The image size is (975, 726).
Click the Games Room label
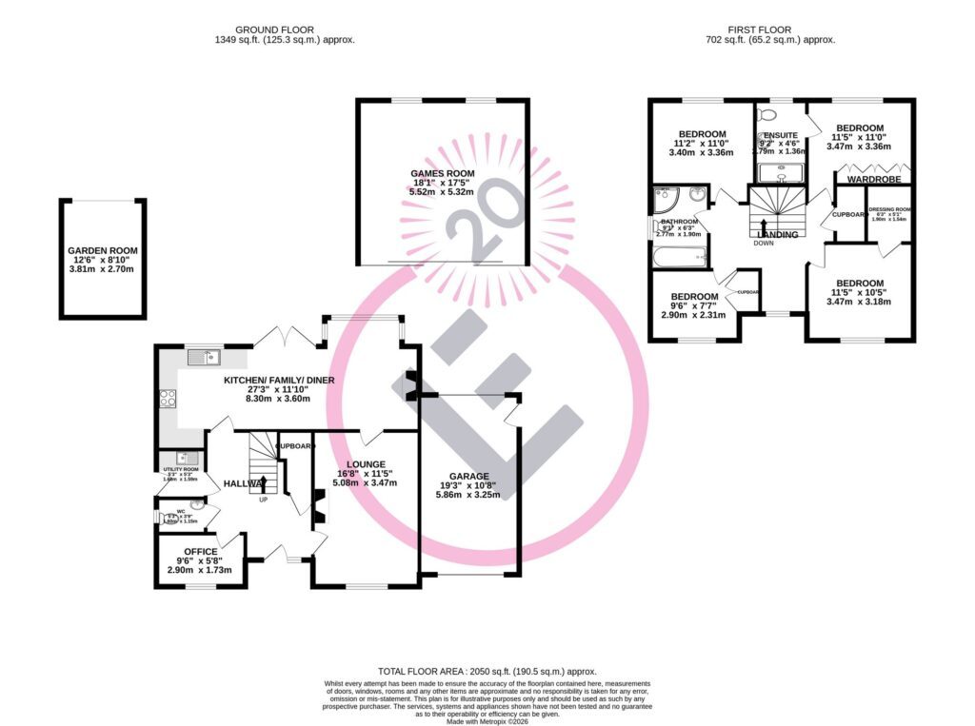tap(441, 172)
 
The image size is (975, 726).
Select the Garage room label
tap(469, 476)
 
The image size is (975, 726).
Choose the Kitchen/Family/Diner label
tap(279, 381)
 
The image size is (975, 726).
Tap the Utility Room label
tap(180, 469)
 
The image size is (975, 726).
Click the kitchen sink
tap(205, 357)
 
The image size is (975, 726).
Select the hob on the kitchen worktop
tap(169, 400)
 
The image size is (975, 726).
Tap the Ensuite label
tap(781, 136)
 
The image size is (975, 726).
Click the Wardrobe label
tap(868, 178)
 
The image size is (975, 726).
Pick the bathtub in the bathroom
tap(679, 257)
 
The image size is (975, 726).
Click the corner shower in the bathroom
tap(666, 200)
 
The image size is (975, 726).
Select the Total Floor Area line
tap(487, 670)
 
